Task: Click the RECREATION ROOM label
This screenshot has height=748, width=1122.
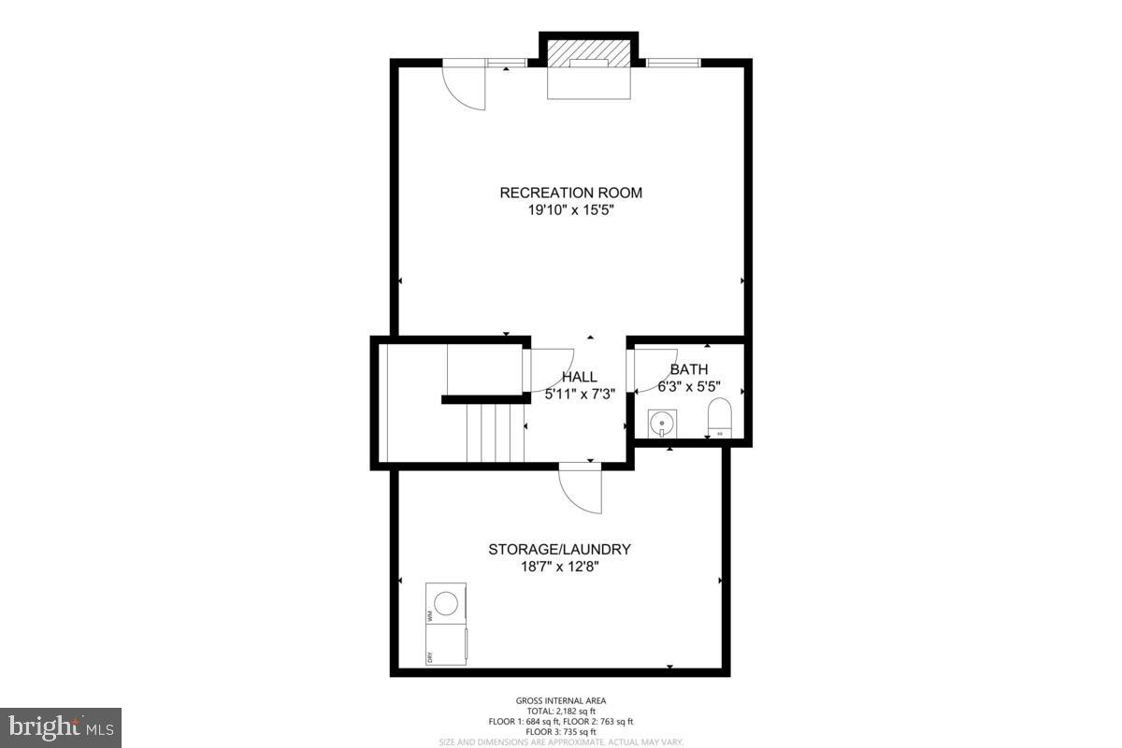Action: (570, 193)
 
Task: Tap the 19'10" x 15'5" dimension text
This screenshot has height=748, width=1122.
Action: (570, 210)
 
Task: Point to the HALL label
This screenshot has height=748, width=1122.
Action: (579, 377)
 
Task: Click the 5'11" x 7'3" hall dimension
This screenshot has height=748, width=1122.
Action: (580, 394)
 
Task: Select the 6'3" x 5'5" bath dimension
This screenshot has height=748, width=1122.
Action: (689, 385)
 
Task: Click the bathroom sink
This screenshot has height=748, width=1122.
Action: (662, 422)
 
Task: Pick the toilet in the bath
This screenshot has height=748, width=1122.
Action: (720, 418)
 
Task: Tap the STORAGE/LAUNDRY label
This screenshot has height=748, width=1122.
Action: (559, 549)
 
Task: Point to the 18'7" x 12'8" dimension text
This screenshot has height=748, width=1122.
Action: (559, 567)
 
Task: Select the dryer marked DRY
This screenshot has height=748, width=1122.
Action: (447, 645)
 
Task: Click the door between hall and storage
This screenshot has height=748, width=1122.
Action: (582, 487)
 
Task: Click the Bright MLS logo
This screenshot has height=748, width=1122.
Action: (61, 726)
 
